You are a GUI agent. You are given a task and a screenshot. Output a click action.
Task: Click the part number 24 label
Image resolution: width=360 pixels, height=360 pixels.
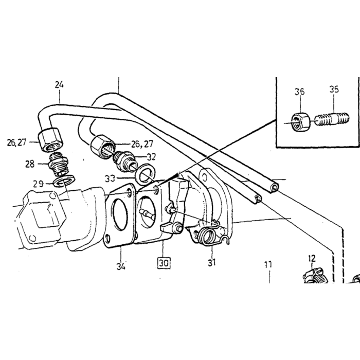point(59,85)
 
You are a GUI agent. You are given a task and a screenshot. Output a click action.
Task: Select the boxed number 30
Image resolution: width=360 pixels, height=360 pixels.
point(164,263)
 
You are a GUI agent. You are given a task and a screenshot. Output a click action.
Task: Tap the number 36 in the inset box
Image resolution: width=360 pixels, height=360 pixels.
point(300,92)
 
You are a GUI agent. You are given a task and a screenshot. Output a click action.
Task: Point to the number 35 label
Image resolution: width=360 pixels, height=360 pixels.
point(334,89)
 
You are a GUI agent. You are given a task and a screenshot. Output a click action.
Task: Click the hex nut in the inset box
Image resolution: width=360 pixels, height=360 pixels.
point(300,121)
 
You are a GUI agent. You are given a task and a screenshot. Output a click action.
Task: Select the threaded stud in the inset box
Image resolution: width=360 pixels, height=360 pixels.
point(332,118)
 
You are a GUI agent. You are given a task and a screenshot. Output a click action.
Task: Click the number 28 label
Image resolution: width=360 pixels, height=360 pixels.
point(30,164)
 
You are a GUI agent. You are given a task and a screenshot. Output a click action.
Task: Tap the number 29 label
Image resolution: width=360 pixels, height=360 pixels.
point(39,184)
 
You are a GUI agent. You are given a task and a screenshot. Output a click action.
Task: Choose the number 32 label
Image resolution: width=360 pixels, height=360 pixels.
point(151,157)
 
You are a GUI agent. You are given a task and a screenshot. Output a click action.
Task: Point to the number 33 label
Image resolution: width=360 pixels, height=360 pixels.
point(110,178)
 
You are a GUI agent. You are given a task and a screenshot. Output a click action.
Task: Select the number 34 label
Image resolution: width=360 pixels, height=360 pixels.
point(121,266)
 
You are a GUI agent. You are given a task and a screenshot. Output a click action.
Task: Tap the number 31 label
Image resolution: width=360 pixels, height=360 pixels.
point(212,262)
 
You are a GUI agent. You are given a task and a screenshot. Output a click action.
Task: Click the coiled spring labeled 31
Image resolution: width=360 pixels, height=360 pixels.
point(208,237)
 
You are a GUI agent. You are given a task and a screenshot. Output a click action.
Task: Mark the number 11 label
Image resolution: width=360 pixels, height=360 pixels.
point(268,264)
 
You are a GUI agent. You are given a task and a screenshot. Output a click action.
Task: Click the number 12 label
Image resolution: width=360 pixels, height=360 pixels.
point(312,259)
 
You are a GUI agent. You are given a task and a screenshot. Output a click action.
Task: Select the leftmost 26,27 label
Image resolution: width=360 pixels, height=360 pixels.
point(16,142)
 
